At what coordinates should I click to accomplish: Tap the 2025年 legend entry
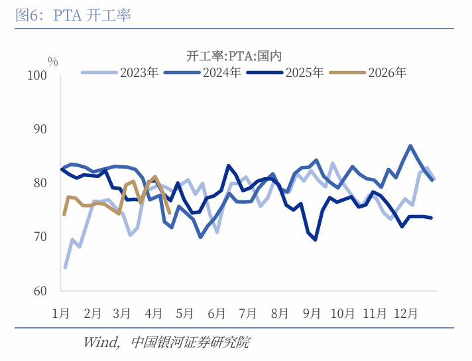[305, 73]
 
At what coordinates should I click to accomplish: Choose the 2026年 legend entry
[387, 73]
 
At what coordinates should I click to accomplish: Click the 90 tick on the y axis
[40, 129]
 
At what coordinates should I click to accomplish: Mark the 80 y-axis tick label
[40, 183]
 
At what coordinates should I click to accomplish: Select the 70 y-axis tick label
[40, 237]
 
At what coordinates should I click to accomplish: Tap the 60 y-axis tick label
[40, 291]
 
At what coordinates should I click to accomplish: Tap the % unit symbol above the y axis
[53, 62]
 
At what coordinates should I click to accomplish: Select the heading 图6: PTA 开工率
[73, 15]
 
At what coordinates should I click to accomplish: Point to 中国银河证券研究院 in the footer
[191, 343]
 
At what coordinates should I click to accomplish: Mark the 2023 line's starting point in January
[65, 267]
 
